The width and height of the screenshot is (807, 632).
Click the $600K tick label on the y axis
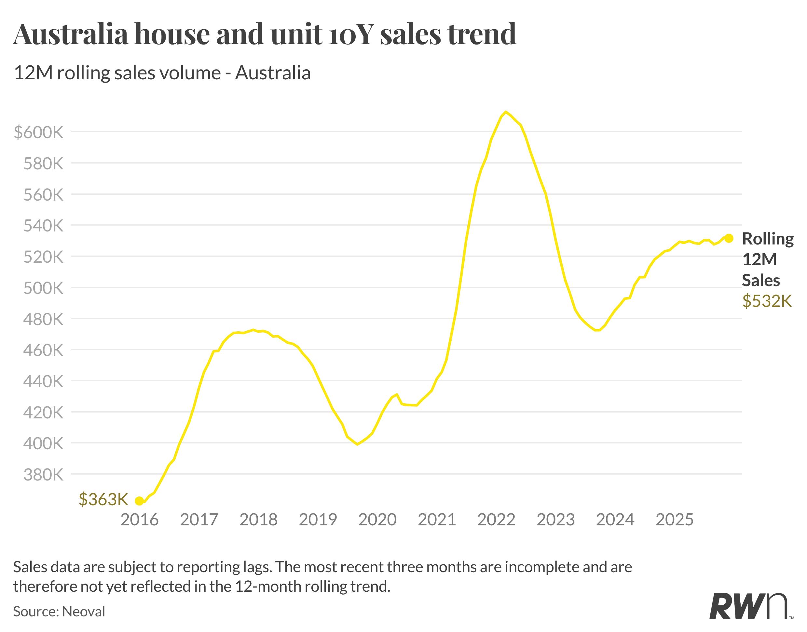coord(38,132)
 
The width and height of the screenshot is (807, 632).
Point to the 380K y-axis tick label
coord(43,474)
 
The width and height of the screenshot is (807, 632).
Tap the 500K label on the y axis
coord(43,288)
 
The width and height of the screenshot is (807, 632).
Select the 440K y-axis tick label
coord(43,381)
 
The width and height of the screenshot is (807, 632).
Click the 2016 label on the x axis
coord(139,520)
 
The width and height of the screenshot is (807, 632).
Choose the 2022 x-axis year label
coord(496,520)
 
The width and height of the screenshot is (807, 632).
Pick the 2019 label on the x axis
coord(318,520)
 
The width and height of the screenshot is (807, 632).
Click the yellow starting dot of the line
coord(139,501)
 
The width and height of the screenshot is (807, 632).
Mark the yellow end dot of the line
coord(729,238)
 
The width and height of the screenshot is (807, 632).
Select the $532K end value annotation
coord(767,301)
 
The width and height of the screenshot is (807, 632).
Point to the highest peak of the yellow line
coord(506,112)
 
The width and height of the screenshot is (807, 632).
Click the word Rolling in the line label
coord(768,239)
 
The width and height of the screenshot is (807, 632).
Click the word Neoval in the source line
coord(84,612)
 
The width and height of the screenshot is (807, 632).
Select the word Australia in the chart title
coord(70,34)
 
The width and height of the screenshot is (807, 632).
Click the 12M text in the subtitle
coord(33,72)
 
